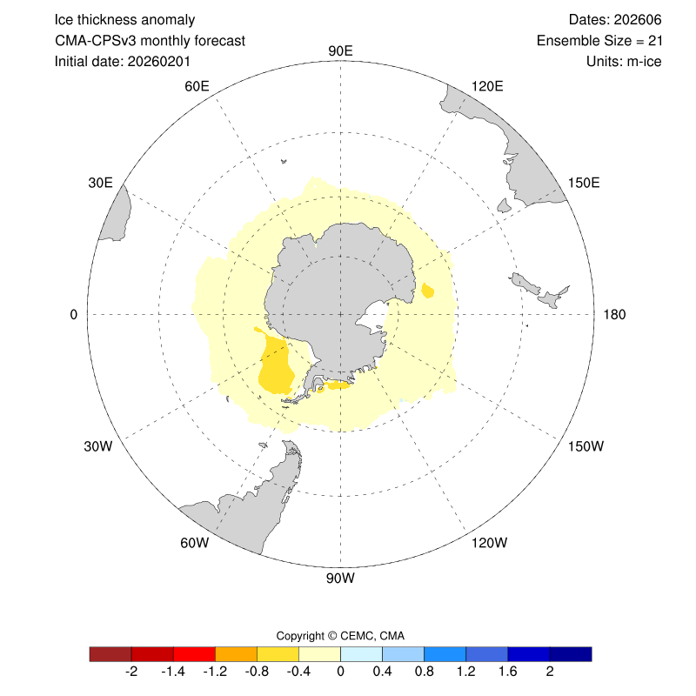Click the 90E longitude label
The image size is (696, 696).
[x=340, y=50]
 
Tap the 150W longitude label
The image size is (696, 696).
[x=585, y=446]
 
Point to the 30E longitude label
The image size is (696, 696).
[x=101, y=182]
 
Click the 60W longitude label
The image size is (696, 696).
[x=194, y=543]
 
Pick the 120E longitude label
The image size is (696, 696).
[x=486, y=85]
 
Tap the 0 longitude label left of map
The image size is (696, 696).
[x=74, y=314]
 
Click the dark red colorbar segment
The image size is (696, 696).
[x=110, y=653]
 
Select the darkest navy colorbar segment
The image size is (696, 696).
[x=571, y=653]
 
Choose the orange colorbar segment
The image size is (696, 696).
[x=236, y=653]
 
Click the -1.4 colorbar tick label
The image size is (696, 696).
[x=173, y=673]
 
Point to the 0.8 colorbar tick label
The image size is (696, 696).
[x=424, y=673]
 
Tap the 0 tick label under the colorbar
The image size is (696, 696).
[x=340, y=673]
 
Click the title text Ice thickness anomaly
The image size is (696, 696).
[x=124, y=19]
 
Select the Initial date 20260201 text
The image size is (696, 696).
[x=123, y=61]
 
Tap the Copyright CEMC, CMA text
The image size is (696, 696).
[x=340, y=635]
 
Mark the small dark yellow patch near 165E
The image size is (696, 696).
[x=427, y=291]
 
